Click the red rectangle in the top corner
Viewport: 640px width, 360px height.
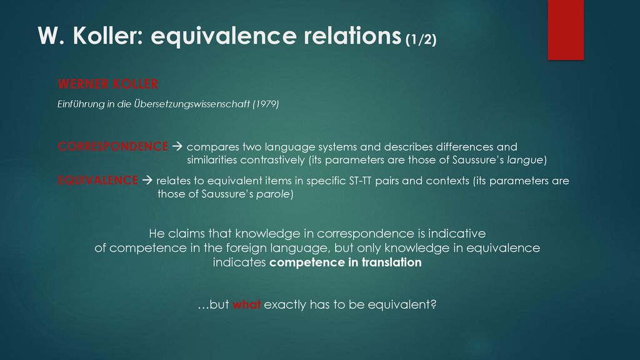tap(566, 30)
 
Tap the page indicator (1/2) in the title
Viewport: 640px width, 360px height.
tap(421, 39)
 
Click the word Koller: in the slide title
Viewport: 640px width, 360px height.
tap(107, 36)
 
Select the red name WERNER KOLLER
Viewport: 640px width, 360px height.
tap(107, 84)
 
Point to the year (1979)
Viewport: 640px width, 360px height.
tap(266, 104)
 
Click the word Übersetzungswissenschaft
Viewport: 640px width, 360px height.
tap(192, 104)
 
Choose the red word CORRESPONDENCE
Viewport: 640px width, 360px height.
tap(112, 146)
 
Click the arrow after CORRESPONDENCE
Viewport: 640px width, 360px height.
tap(177, 146)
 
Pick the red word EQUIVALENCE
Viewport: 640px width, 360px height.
tap(97, 181)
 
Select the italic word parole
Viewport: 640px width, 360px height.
tap(272, 194)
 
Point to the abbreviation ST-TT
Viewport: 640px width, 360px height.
tap(361, 181)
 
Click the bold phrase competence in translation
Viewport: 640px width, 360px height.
tap(345, 262)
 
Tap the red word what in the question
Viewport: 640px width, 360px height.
tap(246, 304)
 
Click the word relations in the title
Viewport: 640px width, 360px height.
tap(352, 36)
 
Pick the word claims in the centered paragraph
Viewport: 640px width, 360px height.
tap(186, 234)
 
